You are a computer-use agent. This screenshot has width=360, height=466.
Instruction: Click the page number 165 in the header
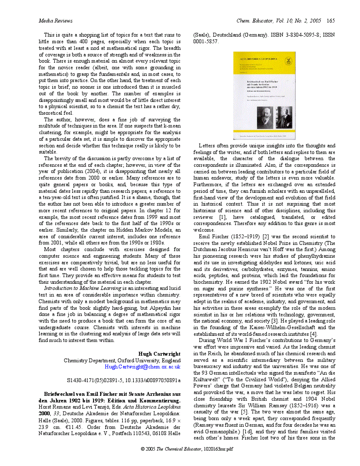(331, 21)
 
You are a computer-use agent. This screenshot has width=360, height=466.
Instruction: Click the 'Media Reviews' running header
(55, 21)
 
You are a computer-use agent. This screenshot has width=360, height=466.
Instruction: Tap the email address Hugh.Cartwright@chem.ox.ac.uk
(142, 367)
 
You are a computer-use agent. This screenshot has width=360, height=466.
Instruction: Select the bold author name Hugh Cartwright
(159, 354)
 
